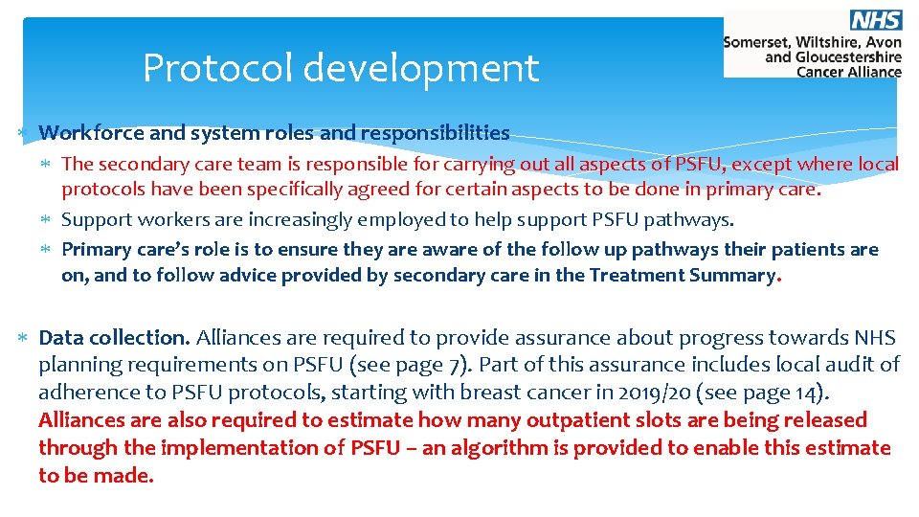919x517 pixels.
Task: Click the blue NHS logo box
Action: [875, 20]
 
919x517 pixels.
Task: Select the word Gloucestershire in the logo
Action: [848, 56]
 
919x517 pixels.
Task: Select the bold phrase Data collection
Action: [114, 337]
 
